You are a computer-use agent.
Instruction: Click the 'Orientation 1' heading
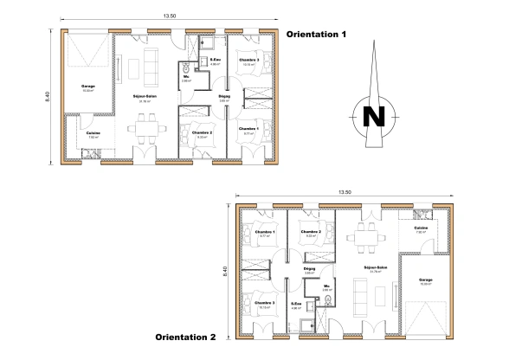316,35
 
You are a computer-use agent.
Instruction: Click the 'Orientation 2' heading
185,336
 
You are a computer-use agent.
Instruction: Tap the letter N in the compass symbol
373,116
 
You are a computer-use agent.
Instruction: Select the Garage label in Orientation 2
425,280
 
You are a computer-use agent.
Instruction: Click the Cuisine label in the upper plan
93,132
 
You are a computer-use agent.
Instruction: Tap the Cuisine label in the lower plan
421,228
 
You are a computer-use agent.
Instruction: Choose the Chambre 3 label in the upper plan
249,60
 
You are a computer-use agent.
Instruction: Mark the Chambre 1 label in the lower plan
265,231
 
